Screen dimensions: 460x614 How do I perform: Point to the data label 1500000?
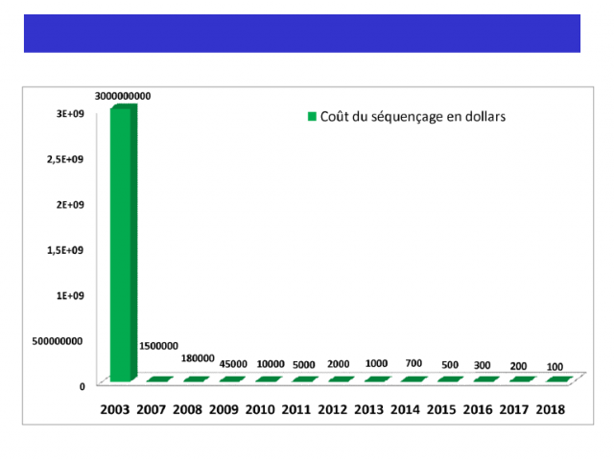coord(158,346)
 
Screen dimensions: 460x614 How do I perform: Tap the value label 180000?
coord(198,357)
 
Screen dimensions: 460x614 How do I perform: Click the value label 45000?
coord(234,364)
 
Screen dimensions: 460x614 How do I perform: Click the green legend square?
coord(311,117)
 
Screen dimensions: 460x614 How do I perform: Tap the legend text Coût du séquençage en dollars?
coord(413,117)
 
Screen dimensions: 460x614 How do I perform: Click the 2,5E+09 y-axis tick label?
coord(66,159)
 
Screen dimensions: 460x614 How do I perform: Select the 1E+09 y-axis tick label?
coord(71,295)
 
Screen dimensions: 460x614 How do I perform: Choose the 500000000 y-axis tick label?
coord(58,340)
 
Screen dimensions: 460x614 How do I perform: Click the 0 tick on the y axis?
coord(83,386)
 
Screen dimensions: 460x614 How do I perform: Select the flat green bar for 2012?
coord(340,380)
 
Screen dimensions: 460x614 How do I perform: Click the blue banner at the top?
coord(301,33)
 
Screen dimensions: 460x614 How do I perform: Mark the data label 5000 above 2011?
coord(305,364)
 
